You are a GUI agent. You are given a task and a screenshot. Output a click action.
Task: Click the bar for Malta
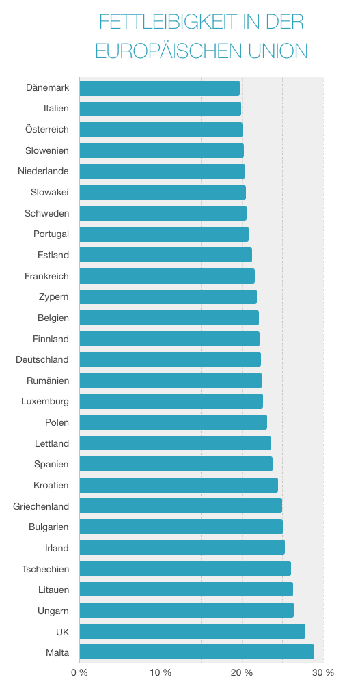[197, 652]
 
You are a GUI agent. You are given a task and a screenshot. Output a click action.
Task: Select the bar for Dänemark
[160, 87]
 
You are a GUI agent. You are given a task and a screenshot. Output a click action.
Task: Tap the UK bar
[192, 631]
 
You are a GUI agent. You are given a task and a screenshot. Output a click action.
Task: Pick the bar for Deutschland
[170, 359]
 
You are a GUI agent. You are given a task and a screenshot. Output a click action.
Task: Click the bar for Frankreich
[167, 276]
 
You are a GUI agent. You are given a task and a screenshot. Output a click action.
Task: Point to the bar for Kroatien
[179, 485]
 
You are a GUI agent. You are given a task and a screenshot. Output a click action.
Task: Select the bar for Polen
[174, 422]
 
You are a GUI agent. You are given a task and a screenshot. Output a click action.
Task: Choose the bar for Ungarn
[186, 610]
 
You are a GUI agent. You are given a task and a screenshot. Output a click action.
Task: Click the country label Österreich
[47, 129]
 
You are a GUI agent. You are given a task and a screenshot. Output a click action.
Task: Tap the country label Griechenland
[41, 506]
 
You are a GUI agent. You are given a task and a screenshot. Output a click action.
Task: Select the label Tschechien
[45, 568]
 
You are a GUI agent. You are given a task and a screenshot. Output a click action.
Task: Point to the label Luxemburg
[45, 401]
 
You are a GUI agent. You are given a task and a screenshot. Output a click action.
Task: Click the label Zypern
[54, 296]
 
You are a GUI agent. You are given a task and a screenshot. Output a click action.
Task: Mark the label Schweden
[47, 213]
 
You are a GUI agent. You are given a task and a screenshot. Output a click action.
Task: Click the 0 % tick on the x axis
[79, 672]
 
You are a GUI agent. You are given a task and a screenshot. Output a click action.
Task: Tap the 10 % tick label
[161, 672]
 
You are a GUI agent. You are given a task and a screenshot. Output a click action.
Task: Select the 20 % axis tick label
[242, 672]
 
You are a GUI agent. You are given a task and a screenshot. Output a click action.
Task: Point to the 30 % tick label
[323, 672]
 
